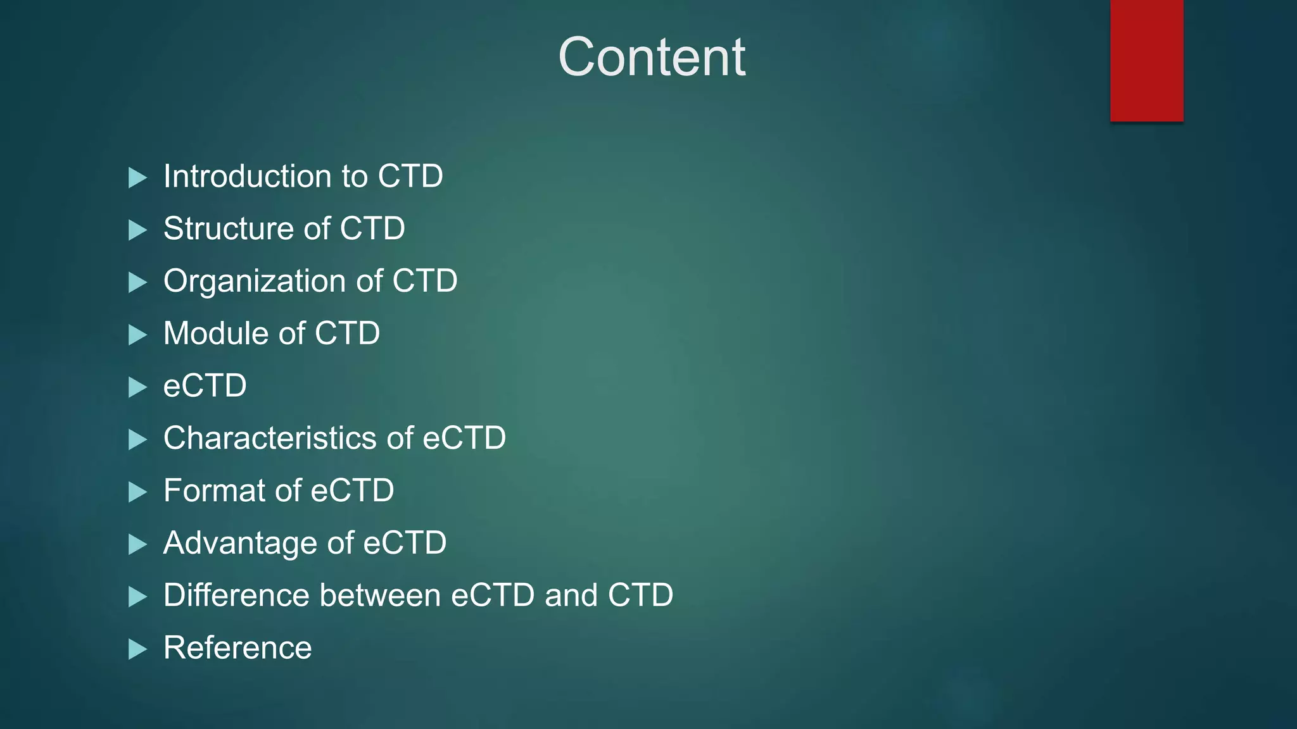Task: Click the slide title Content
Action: pyautogui.click(x=652, y=57)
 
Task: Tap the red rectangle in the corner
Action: pyautogui.click(x=1146, y=60)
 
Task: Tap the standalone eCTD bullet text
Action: pyautogui.click(x=205, y=386)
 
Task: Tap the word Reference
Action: pyautogui.click(x=237, y=648)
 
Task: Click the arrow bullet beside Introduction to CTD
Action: pyautogui.click(x=137, y=178)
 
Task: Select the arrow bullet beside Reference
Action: pyautogui.click(x=137, y=649)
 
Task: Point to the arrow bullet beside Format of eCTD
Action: pyautogui.click(x=137, y=492)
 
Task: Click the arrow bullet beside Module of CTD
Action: pyautogui.click(x=137, y=335)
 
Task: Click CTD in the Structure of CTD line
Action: pyautogui.click(x=372, y=228)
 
